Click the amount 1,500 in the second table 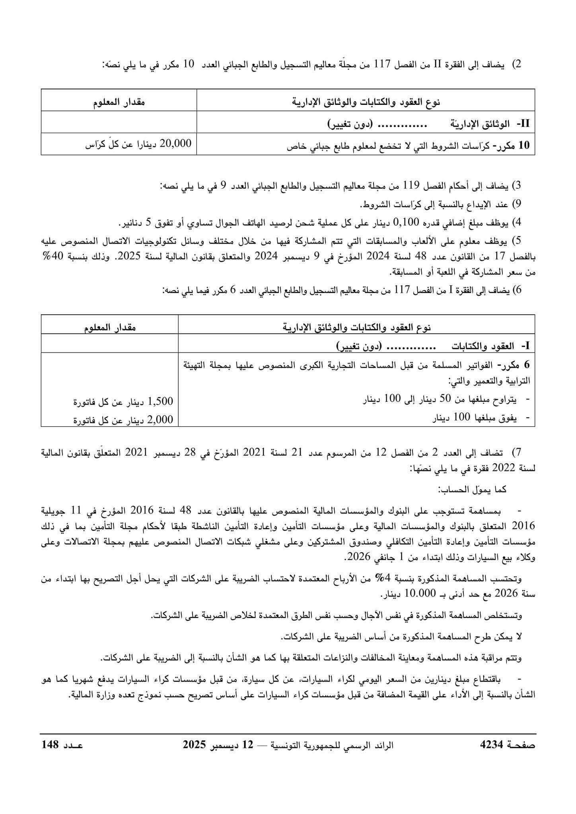click(x=161, y=401)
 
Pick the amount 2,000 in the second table click(x=160, y=419)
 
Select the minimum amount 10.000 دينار click(x=411, y=594)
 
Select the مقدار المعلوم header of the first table click(x=119, y=103)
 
